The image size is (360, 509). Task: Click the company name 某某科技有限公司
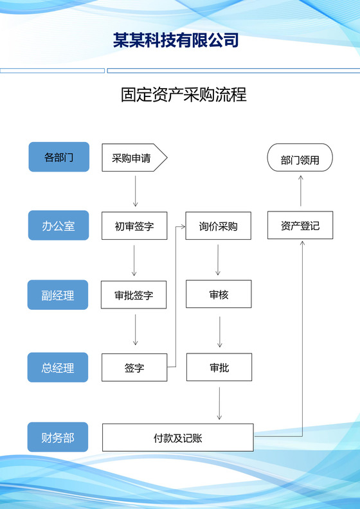[175, 40]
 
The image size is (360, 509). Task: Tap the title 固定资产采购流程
[184, 95]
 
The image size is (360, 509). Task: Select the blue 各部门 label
[59, 157]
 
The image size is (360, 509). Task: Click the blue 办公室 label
[59, 226]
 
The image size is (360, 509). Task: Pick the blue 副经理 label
[58, 295]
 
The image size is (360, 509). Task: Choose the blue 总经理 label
[58, 368]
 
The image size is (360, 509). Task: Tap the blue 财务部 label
[58, 438]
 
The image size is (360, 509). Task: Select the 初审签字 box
[134, 226]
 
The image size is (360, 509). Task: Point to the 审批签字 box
[134, 295]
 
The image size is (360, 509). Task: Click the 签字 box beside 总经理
[134, 368]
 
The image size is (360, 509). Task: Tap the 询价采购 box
[218, 226]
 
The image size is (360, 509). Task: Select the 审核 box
[219, 294]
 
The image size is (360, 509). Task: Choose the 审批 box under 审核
[219, 367]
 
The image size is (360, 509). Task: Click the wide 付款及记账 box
[178, 438]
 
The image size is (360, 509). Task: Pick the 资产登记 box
[300, 226]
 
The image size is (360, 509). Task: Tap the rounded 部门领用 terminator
[300, 158]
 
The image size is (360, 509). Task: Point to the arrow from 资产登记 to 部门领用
[300, 192]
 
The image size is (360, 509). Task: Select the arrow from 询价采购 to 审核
[219, 260]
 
